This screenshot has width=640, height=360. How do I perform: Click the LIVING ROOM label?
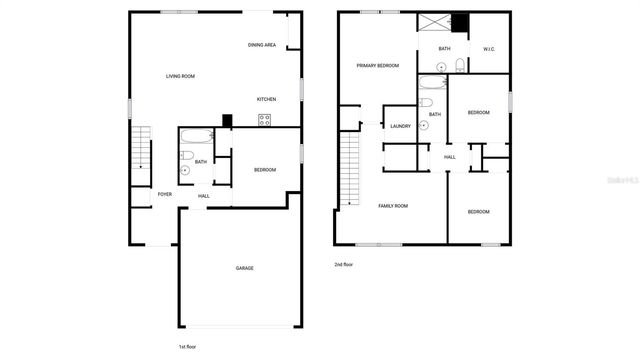[180, 77]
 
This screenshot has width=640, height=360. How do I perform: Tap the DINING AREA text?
[262, 46]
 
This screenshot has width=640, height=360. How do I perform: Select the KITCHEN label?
[266, 99]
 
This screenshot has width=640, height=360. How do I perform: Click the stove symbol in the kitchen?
[264, 120]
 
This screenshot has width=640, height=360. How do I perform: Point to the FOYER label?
[164, 194]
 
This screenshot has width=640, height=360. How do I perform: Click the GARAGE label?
[244, 268]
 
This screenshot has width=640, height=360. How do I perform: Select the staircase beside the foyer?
[141, 156]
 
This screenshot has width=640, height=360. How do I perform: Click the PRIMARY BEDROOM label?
[378, 66]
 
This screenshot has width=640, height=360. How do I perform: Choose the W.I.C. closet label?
[489, 49]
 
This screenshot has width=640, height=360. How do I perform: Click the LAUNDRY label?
[401, 126]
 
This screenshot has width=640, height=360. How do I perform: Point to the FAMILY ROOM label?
[392, 206]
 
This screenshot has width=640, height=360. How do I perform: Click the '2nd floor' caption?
[345, 265]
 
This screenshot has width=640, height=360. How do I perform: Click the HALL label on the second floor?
[450, 157]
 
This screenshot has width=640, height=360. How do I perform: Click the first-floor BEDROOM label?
[264, 170]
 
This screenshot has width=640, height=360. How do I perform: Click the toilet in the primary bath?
[459, 66]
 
